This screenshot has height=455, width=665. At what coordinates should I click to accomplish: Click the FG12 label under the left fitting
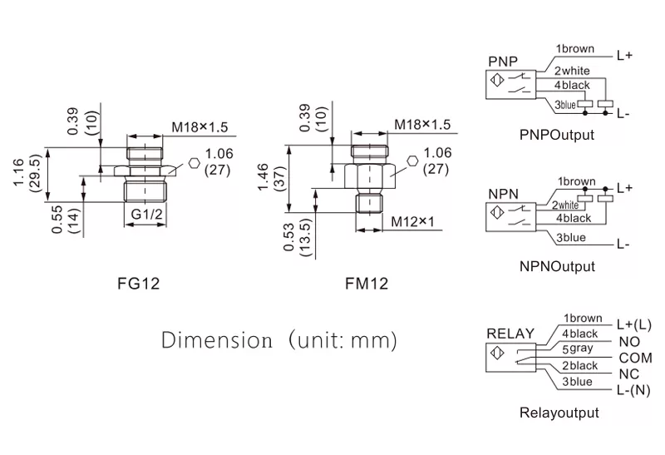(x=139, y=284)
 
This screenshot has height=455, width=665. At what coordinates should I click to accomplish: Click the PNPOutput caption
(x=557, y=135)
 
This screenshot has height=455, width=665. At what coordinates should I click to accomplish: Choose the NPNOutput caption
(x=557, y=267)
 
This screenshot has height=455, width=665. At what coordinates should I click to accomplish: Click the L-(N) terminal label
(x=633, y=391)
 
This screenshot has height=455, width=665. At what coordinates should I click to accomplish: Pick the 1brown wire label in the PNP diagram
(x=575, y=50)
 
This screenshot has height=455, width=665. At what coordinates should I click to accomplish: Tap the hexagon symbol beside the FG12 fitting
(x=194, y=164)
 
